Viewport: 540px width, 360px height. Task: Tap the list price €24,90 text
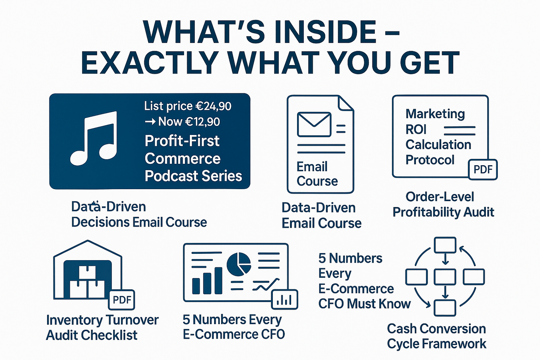pyautogui.click(x=188, y=106)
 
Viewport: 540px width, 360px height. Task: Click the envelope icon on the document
pyautogui.click(x=314, y=124)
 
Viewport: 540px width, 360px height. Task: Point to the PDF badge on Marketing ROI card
pyautogui.click(x=483, y=169)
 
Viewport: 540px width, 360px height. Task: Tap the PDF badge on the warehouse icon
pyautogui.click(x=122, y=299)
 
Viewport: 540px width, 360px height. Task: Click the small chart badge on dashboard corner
pyautogui.click(x=285, y=300)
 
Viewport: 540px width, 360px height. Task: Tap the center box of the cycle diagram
pyautogui.click(x=445, y=277)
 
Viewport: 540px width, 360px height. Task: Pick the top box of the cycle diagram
pyautogui.click(x=445, y=245)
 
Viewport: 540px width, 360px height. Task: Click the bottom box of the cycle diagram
pyautogui.click(x=445, y=308)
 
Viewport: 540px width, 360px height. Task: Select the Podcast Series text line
pyautogui.click(x=193, y=176)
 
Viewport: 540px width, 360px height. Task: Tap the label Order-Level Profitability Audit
pyautogui.click(x=444, y=204)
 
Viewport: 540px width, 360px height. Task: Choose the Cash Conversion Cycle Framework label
pyautogui.click(x=436, y=336)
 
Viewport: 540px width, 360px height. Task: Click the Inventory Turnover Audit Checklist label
pyautogui.click(x=102, y=327)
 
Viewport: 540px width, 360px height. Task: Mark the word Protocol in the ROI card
pyautogui.click(x=430, y=160)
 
